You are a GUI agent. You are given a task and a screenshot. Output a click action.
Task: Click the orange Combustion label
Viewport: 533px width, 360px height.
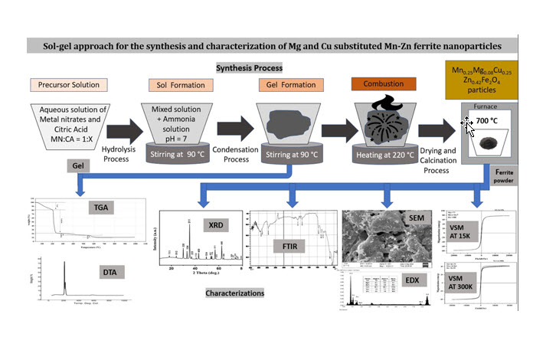pyautogui.click(x=382, y=83)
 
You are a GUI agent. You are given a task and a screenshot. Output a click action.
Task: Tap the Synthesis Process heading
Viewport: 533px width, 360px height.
pyautogui.click(x=250, y=68)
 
